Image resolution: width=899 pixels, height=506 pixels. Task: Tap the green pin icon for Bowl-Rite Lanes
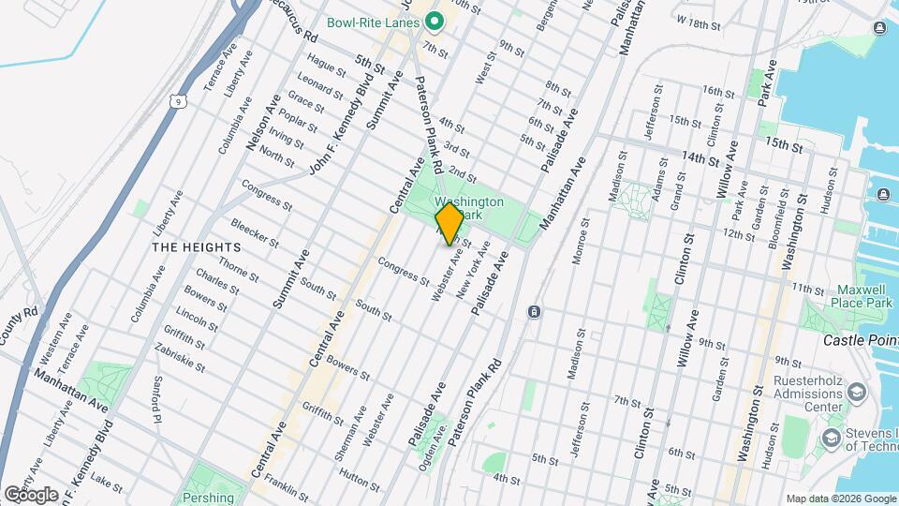click(x=434, y=21)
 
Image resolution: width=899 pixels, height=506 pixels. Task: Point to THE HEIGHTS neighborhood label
click(x=197, y=247)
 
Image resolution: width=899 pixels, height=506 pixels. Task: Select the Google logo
click(x=30, y=494)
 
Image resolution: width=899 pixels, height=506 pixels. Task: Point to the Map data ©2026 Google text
click(x=840, y=499)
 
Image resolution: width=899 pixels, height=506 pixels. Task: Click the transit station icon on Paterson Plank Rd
click(x=533, y=311)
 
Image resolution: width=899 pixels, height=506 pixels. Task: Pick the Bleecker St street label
click(x=255, y=231)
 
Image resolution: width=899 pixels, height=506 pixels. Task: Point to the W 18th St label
click(x=700, y=21)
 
